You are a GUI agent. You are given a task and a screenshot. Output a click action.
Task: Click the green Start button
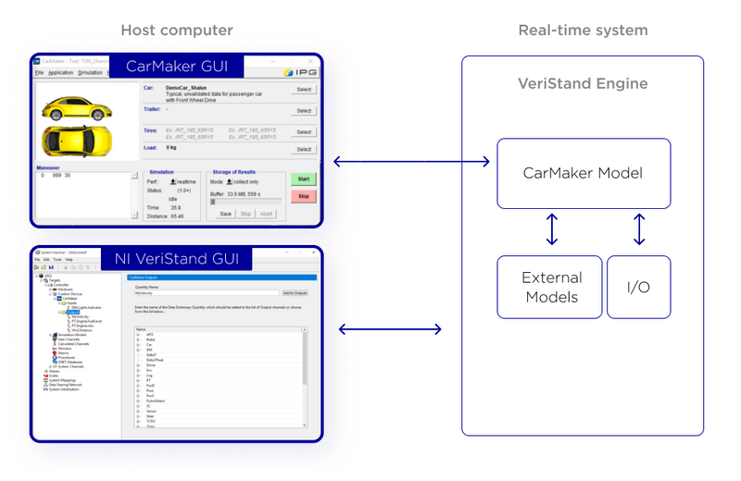click(304, 179)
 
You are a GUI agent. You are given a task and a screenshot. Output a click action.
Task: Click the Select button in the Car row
click(304, 90)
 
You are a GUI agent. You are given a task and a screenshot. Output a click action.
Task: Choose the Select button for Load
click(304, 148)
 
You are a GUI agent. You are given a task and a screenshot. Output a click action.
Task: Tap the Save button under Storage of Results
click(225, 214)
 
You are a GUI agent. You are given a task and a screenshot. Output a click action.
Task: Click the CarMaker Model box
click(584, 173)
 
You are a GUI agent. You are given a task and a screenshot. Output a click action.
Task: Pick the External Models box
click(551, 287)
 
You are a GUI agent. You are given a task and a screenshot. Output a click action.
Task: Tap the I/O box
click(637, 287)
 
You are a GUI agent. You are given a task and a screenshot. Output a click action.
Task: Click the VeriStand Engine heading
click(583, 84)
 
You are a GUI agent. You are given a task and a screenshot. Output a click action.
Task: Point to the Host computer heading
click(177, 31)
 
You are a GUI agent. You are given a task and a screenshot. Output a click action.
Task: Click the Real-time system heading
click(583, 31)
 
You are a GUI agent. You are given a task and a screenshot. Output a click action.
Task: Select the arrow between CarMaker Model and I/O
click(638, 231)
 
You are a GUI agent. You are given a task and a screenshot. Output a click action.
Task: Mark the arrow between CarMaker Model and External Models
click(552, 231)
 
